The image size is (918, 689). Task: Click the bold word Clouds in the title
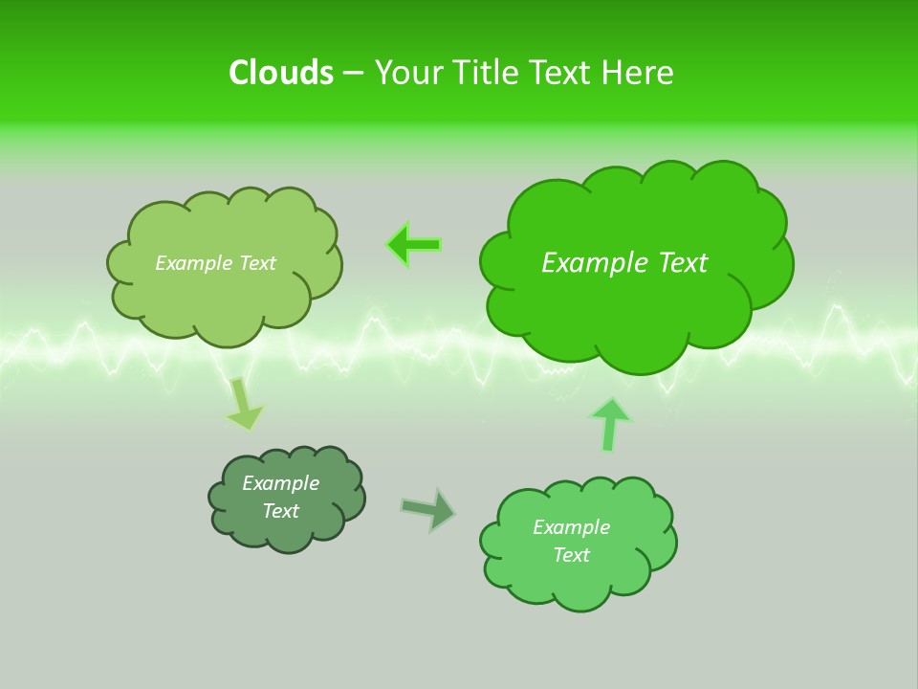(x=281, y=73)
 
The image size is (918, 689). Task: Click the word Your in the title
(x=409, y=73)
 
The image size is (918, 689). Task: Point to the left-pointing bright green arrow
(x=414, y=245)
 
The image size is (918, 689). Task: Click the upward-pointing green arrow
(x=610, y=424)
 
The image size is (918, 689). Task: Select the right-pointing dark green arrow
(x=428, y=509)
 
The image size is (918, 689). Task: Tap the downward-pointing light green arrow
(x=243, y=404)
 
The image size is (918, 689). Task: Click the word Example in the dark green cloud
(x=280, y=483)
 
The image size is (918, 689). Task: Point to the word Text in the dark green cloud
(x=281, y=511)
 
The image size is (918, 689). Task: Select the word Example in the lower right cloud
(x=571, y=527)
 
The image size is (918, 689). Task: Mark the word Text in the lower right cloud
(x=571, y=555)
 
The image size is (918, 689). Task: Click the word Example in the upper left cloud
(x=192, y=263)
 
